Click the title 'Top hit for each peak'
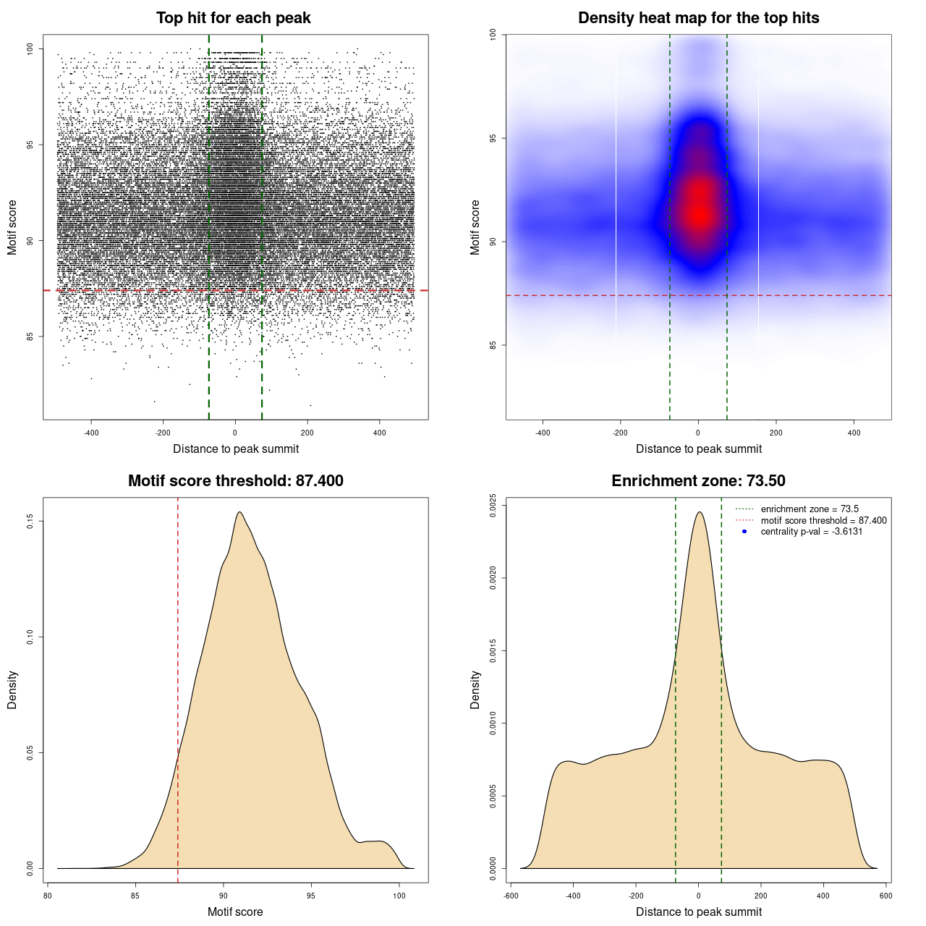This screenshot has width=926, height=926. pos(234,18)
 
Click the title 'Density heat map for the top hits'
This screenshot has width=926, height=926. pos(698,18)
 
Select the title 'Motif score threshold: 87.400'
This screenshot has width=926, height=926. pos(235,481)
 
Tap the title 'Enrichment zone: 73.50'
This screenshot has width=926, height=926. pos(698,481)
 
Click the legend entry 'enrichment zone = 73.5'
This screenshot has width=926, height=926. pos(810,509)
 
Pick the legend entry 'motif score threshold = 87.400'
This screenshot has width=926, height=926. pos(823,521)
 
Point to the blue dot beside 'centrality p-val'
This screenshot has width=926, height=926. pos(744,532)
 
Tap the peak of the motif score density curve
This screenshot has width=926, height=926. pos(239,512)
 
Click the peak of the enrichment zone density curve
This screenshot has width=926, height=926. pos(699,512)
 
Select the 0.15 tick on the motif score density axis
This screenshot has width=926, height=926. pos(30,521)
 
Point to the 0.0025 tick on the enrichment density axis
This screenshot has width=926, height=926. pos(493,505)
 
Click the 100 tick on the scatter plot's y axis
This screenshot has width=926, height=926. pos(30,48)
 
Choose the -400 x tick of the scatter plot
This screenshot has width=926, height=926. pos(91,433)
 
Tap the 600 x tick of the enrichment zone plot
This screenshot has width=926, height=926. pos(885,896)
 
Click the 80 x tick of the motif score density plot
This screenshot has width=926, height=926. pos(48,896)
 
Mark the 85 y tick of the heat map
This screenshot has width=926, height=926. pos(493,345)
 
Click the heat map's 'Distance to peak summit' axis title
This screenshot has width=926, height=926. pos(698,449)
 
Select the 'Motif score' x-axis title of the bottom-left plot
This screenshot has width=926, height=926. pos(235,912)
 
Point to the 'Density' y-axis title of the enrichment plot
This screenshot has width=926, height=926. pos(475,689)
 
